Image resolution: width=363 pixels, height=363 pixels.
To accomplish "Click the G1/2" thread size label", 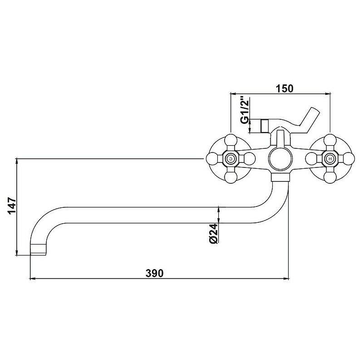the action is [244, 109].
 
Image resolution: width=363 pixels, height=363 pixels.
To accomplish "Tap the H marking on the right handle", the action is [330, 159].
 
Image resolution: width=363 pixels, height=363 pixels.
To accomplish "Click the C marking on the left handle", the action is [231, 159].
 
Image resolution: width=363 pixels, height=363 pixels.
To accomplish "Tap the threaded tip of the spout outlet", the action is [39, 249].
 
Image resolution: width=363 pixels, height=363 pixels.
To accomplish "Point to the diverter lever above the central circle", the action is [280, 137].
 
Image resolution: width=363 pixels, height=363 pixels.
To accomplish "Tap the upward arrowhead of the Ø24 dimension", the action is [219, 209].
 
